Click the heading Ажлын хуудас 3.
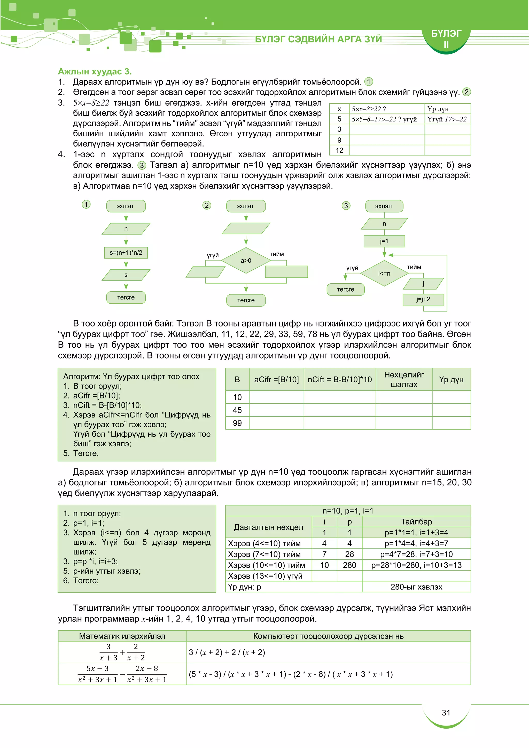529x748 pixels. point(95,71)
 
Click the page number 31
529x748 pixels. point(446,713)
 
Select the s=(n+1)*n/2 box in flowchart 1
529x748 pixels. point(126,253)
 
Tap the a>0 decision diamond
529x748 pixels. point(246,260)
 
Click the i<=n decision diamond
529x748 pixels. point(384,273)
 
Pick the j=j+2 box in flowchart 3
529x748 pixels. point(423,299)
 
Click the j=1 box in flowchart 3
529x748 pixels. point(384,241)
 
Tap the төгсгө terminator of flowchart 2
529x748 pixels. point(246,300)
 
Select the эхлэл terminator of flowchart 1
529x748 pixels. point(126,206)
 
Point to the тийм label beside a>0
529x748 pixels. point(277,254)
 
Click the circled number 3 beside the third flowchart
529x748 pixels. point(346,206)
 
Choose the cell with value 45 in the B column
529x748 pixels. point(237,410)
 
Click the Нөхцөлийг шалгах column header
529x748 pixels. point(404,379)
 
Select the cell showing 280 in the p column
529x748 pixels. point(349,565)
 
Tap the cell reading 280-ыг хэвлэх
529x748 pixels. point(416,587)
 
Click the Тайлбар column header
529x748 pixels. point(416,521)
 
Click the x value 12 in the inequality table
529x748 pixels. point(339,150)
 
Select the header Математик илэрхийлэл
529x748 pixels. point(122,636)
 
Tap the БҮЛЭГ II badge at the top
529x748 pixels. point(446,39)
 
